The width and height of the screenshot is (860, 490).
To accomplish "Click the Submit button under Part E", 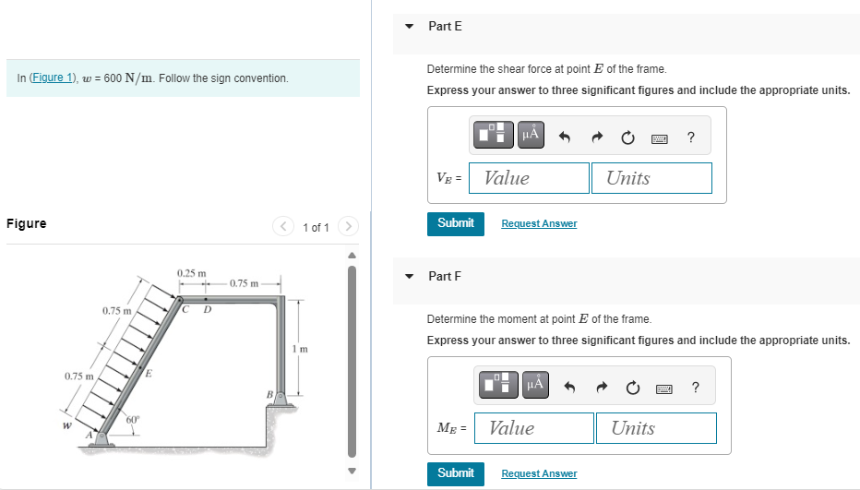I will [x=455, y=223].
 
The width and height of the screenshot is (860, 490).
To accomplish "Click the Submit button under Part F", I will [x=455, y=473].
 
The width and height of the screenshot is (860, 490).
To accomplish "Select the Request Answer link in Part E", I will [x=539, y=224].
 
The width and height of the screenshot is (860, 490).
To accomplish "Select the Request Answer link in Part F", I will [x=539, y=474].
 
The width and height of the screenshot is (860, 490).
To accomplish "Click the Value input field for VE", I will [x=529, y=178].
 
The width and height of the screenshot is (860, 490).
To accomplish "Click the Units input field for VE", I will [x=651, y=178].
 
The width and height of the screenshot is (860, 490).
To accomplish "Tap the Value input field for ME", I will [x=533, y=428].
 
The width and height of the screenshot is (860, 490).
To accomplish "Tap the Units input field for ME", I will [x=655, y=428].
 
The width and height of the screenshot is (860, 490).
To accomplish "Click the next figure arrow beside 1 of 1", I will [x=348, y=226].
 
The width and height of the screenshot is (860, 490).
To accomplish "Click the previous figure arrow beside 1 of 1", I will [x=284, y=226].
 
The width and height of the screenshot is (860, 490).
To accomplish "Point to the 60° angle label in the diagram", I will [x=133, y=420].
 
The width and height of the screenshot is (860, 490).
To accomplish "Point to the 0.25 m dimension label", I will [x=191, y=273].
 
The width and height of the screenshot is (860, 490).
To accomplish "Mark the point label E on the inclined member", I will [x=149, y=373].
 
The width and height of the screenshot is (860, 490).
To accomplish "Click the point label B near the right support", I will [x=269, y=394].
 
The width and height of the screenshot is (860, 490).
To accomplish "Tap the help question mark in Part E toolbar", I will [x=691, y=137].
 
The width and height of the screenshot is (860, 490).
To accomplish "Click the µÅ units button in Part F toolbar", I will [x=534, y=385].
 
